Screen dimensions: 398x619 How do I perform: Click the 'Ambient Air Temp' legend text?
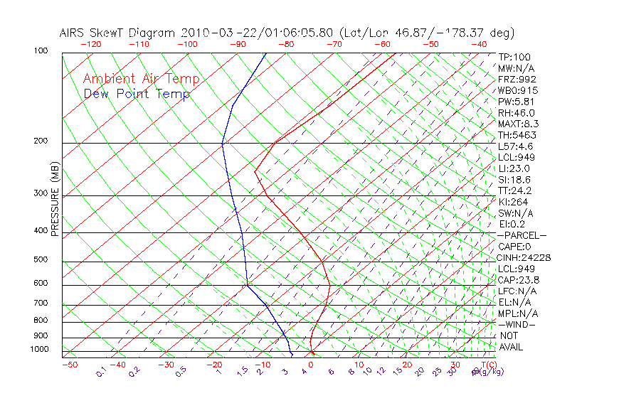[x=141, y=79]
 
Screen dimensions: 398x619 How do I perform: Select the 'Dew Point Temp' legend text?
[x=137, y=94]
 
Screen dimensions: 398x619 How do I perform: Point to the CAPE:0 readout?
[x=515, y=247]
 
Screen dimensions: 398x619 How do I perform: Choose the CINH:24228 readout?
[x=524, y=257]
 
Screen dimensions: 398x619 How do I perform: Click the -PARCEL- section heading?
[x=522, y=235]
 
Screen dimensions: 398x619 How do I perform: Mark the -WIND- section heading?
[x=517, y=324]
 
